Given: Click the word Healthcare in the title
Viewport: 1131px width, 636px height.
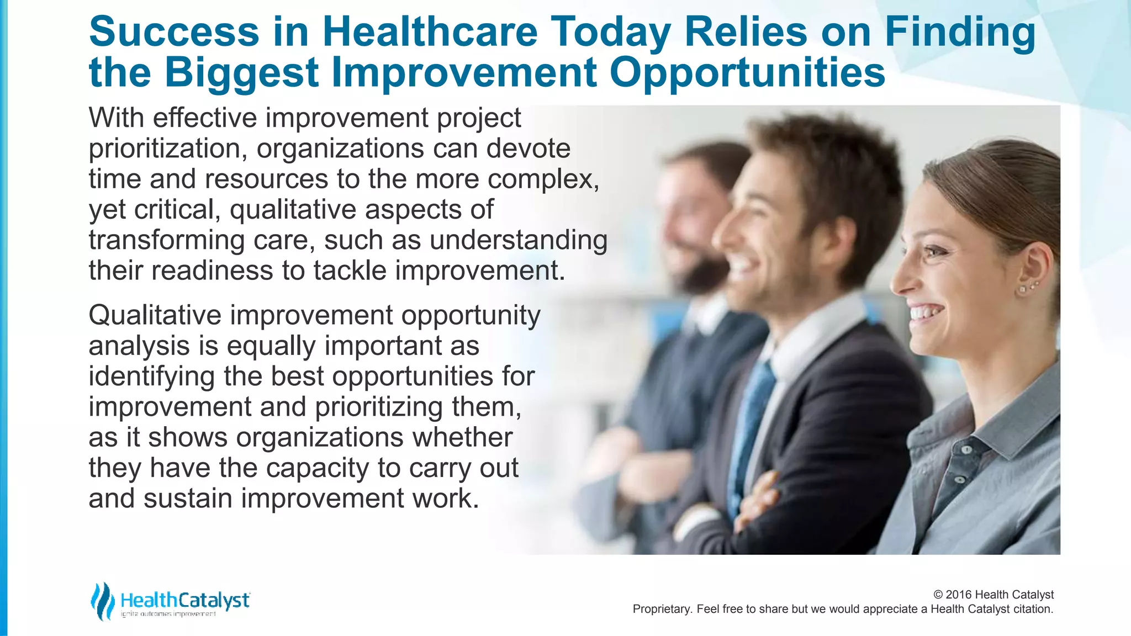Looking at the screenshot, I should click(429, 32).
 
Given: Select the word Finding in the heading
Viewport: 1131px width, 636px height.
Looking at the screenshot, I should click(960, 32).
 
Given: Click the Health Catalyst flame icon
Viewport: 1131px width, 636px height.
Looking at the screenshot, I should click(102, 601).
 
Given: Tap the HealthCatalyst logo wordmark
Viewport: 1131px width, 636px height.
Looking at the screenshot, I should click(185, 600).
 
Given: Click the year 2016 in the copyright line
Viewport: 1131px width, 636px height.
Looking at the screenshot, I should click(959, 595).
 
